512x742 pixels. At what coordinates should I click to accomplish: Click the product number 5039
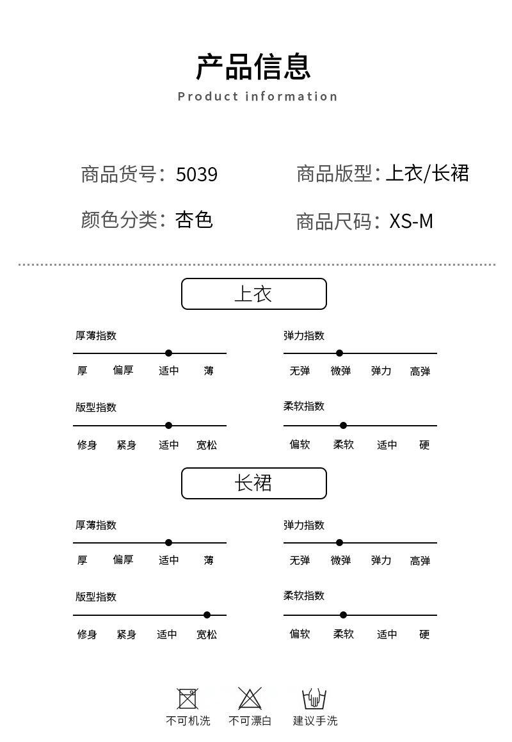196,174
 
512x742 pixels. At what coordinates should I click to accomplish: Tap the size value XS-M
411,221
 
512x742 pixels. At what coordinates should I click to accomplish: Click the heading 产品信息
253,67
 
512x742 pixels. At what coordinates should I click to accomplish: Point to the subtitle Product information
257,97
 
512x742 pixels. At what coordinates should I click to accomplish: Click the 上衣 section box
253,294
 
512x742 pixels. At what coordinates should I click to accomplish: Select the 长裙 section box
253,483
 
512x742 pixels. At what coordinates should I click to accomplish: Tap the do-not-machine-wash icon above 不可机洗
188,698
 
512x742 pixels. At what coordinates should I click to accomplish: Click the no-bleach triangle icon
250,698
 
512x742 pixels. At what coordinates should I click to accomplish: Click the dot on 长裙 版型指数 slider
207,615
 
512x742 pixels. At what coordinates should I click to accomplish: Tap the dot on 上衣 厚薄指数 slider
168,353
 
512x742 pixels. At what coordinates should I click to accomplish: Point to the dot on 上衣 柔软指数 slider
343,425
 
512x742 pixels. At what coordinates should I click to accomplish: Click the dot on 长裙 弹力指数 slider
339,542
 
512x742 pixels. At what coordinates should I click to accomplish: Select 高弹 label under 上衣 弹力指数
420,371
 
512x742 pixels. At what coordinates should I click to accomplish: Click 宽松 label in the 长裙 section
206,634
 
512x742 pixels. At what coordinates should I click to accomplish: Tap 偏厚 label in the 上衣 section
123,371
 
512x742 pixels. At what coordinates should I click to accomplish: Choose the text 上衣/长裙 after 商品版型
427,173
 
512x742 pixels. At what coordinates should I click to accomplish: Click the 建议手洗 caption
315,721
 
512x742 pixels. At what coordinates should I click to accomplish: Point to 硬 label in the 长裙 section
424,634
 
